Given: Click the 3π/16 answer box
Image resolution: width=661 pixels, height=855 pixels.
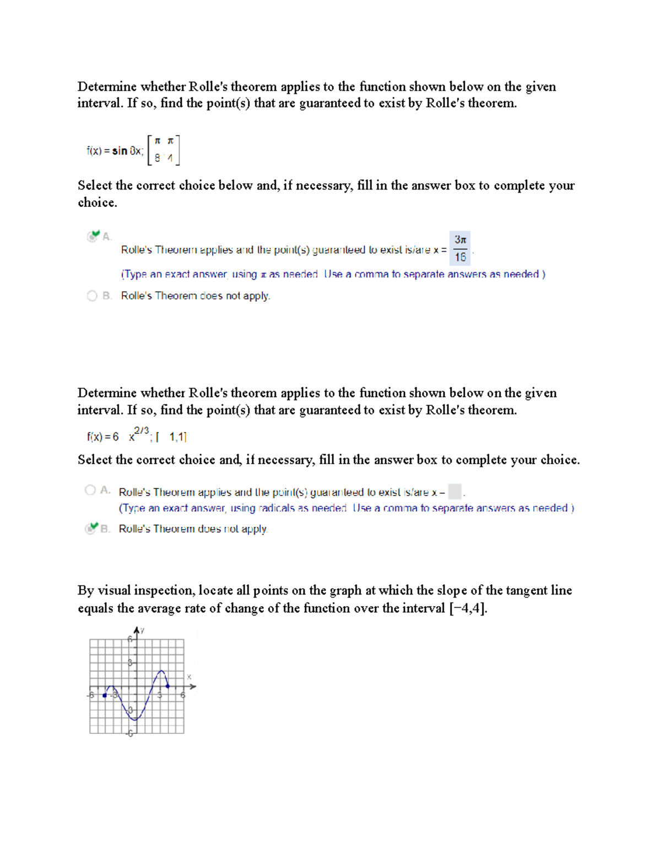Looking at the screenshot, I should pyautogui.click(x=460, y=248).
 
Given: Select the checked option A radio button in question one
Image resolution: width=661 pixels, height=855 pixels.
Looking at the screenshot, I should pyautogui.click(x=93, y=236).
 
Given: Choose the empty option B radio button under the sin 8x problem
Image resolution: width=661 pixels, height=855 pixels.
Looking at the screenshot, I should pyautogui.click(x=92, y=296).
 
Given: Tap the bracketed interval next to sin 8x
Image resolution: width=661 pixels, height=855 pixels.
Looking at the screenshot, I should pyautogui.click(x=163, y=150).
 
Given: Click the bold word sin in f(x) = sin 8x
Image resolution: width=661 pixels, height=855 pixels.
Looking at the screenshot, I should pyautogui.click(x=120, y=151).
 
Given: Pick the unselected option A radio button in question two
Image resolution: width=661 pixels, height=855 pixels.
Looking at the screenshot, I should pyautogui.click(x=90, y=490).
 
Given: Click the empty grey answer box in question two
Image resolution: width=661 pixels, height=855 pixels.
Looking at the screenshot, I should pyautogui.click(x=455, y=491).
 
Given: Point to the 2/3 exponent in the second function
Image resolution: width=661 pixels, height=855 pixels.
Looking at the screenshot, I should pyautogui.click(x=141, y=431).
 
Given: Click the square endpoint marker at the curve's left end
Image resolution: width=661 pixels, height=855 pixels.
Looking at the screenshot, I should pyautogui.click(x=105, y=695).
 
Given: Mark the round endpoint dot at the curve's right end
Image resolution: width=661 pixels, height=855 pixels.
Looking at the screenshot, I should pyautogui.click(x=168, y=686).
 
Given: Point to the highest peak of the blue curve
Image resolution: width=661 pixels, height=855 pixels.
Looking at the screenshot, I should pyautogui.click(x=161, y=671).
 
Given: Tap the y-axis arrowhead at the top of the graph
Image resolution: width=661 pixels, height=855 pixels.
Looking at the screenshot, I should pyautogui.click(x=136, y=630).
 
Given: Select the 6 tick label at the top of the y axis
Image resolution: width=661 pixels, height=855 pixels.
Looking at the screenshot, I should pyautogui.click(x=130, y=639).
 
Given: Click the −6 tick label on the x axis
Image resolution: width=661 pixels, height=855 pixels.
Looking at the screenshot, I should pyautogui.click(x=90, y=695).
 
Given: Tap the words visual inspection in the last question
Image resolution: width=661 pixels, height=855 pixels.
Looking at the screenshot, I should pyautogui.click(x=145, y=591).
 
